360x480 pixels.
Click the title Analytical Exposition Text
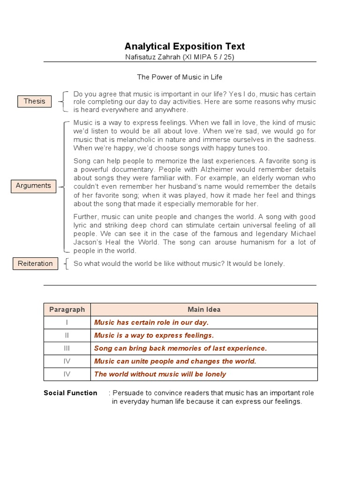point(184,46)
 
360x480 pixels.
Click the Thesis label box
point(35,101)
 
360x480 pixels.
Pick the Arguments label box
point(33,186)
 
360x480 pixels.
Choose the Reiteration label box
point(35,263)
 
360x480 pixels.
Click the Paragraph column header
point(67,309)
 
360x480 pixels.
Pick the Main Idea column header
point(204,309)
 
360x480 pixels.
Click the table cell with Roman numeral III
point(67,348)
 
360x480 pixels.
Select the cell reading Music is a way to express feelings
point(154,335)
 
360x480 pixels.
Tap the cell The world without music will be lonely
point(160,374)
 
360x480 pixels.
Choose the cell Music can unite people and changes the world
point(175,361)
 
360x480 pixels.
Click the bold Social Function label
point(70,393)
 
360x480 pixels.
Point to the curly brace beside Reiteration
point(67,263)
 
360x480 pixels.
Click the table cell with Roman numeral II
point(67,335)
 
